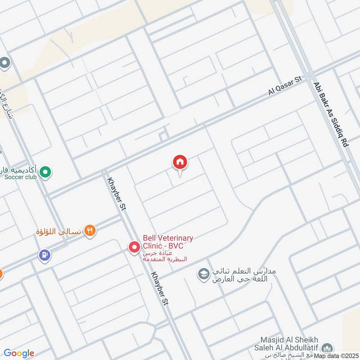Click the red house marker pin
pyautogui.click(x=180, y=162)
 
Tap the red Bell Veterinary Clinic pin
pyautogui.click(x=134, y=247)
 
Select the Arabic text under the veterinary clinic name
pyautogui.click(x=164, y=256)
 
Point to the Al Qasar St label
pyautogui.click(x=284, y=85)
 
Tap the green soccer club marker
pyautogui.click(x=45, y=171)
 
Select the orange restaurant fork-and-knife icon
pyautogui.click(x=90, y=231)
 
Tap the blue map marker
pyautogui.click(x=44, y=255)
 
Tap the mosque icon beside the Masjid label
pyautogui.click(x=328, y=348)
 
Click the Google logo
pyautogui.click(x=19, y=353)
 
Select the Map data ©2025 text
pyautogui.click(x=336, y=356)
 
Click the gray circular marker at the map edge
pyautogui.click(x=4, y=63)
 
